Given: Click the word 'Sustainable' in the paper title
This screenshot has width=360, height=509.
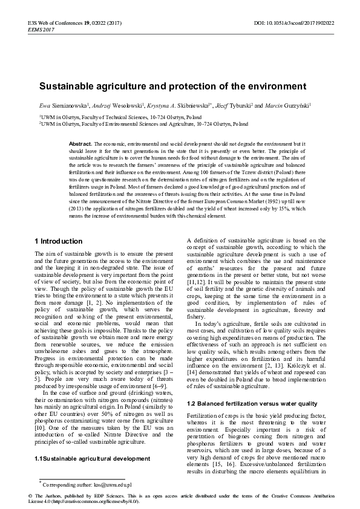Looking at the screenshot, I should [x=66, y=86].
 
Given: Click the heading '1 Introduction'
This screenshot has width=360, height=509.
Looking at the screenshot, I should [x=58, y=241].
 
